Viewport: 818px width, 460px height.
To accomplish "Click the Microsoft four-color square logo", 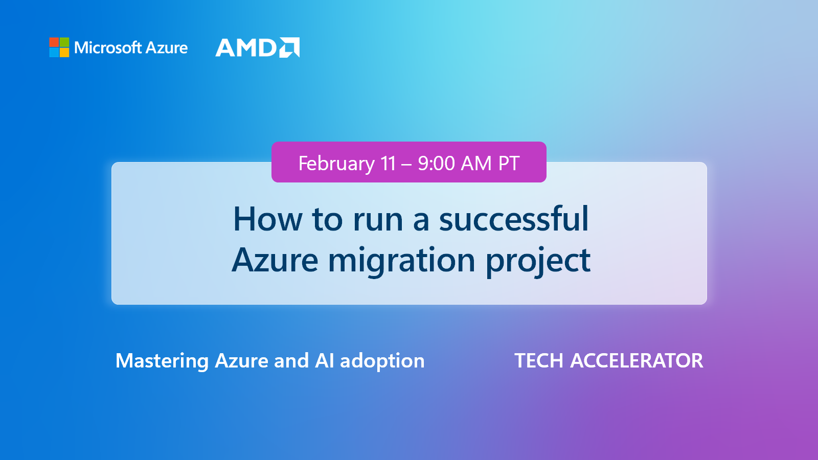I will (59, 48).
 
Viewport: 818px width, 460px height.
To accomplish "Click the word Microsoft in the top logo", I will (107, 48).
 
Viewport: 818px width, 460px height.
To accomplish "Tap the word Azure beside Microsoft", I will (167, 48).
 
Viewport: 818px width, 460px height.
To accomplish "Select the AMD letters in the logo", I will (246, 48).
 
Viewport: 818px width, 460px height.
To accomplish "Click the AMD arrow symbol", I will (289, 48).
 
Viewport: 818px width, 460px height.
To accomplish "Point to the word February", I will (336, 164).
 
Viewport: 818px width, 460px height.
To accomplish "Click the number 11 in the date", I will (389, 164).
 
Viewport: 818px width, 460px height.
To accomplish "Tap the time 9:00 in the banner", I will (436, 164).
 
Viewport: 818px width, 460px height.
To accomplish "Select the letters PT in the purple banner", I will (509, 164).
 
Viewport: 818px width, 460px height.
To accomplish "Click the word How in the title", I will (267, 219).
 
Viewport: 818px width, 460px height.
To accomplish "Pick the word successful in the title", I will (514, 219).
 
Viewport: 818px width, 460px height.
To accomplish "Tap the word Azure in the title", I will (275, 260).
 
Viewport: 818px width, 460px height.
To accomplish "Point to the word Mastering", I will (162, 361).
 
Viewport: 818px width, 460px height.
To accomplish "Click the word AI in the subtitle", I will (325, 361).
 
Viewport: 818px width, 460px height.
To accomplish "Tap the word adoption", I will (382, 361).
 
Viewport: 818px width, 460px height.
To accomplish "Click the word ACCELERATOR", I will (637, 361).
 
